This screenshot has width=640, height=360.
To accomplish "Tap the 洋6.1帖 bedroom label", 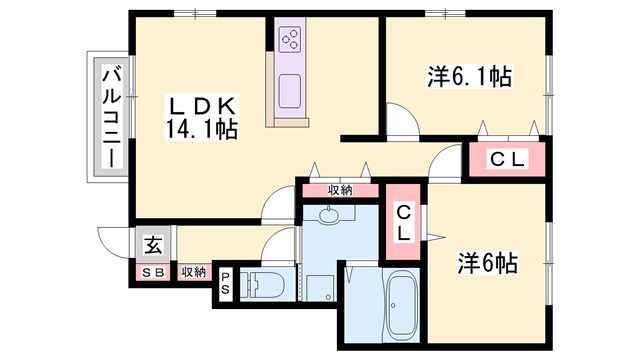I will [469, 76].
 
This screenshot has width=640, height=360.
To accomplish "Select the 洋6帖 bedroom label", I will [487, 264].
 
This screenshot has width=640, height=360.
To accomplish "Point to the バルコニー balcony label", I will [111, 118].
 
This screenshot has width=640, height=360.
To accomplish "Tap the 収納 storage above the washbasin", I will [339, 190].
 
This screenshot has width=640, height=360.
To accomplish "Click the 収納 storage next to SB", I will [193, 272].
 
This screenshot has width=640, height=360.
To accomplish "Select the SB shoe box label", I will [153, 272].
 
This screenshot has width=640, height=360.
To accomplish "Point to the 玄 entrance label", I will [153, 243].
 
